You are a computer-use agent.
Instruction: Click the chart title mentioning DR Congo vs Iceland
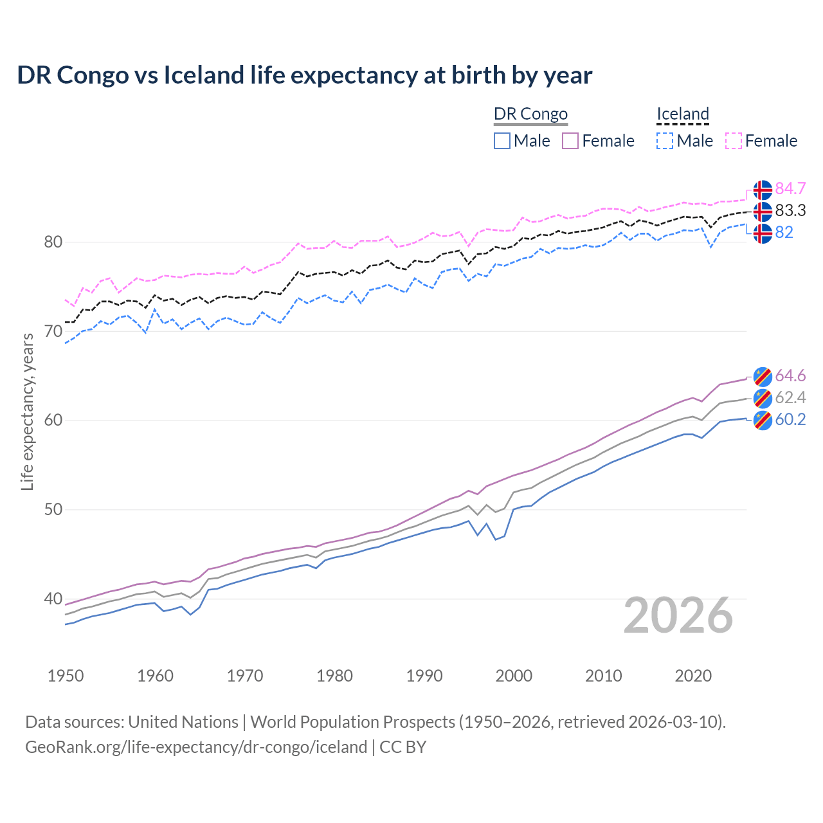point(304,75)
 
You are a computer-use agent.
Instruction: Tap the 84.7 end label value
point(790,188)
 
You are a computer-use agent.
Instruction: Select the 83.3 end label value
point(790,210)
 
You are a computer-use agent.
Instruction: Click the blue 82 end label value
point(784,232)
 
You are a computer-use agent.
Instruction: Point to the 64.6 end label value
point(790,375)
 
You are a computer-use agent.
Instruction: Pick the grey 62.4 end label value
point(790,397)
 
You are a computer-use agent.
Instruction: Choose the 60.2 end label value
point(790,419)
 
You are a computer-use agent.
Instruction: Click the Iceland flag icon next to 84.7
point(763,190)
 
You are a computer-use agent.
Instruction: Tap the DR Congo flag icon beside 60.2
point(763,421)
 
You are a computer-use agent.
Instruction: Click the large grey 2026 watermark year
point(678,615)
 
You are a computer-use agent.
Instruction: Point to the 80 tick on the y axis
point(53,242)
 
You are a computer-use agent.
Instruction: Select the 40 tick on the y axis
point(53,599)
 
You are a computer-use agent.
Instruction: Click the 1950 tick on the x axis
point(66,676)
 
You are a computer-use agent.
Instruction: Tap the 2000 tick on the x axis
point(514,676)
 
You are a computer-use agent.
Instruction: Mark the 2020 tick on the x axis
point(693,676)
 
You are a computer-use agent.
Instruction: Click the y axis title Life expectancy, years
point(27,411)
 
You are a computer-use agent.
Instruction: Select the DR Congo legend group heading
point(530,114)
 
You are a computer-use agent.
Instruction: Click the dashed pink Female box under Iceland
point(734,141)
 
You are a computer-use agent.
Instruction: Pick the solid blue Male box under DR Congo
point(502,141)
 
